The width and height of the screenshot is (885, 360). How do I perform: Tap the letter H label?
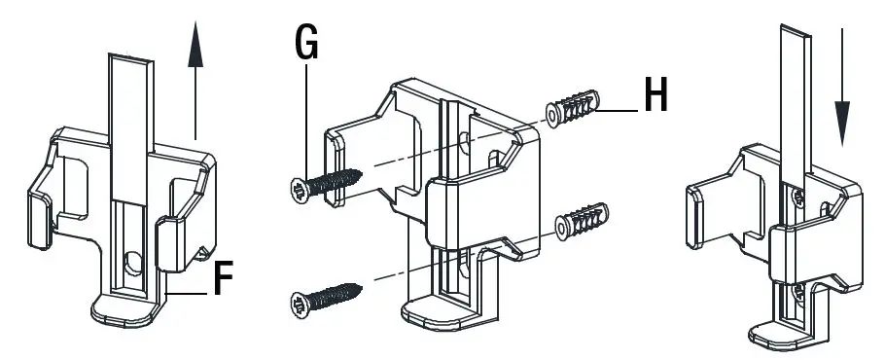point(655,94)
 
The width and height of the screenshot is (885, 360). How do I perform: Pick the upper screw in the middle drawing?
point(326,183)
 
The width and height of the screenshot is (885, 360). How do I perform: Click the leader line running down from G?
point(305,117)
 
